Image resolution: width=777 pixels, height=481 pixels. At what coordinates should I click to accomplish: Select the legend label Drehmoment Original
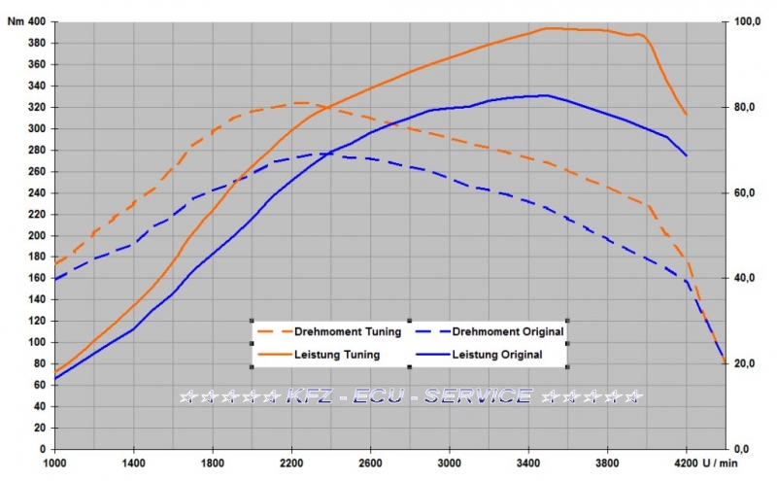tap(508, 332)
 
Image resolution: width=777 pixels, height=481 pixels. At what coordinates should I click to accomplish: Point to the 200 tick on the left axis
tap(36, 235)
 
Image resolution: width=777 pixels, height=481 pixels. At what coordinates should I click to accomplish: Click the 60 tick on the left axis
tap(39, 385)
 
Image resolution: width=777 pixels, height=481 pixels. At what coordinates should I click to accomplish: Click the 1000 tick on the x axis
tap(54, 464)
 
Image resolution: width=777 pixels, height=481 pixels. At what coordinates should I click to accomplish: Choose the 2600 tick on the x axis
tap(370, 464)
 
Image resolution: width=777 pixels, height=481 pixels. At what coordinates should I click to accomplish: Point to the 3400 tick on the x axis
tap(527, 464)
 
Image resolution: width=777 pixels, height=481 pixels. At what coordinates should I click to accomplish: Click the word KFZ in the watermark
tap(308, 396)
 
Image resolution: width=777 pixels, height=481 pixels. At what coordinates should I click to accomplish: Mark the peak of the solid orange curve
tap(549, 28)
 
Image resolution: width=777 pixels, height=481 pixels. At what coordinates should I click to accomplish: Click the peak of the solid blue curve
tap(546, 95)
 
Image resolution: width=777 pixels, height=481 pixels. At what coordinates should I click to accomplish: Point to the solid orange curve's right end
tap(687, 115)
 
